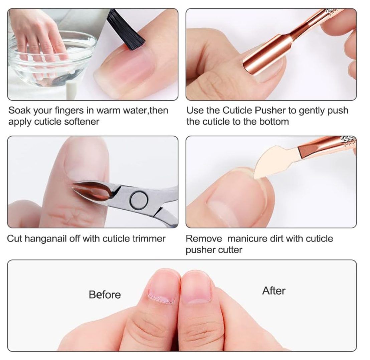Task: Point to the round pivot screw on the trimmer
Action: (x=139, y=200)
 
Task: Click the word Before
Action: (x=105, y=295)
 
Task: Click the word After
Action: (x=274, y=291)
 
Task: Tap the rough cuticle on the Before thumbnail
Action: (x=161, y=299)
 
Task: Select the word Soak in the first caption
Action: (x=20, y=111)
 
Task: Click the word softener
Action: (x=81, y=122)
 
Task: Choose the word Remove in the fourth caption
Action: (x=204, y=239)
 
